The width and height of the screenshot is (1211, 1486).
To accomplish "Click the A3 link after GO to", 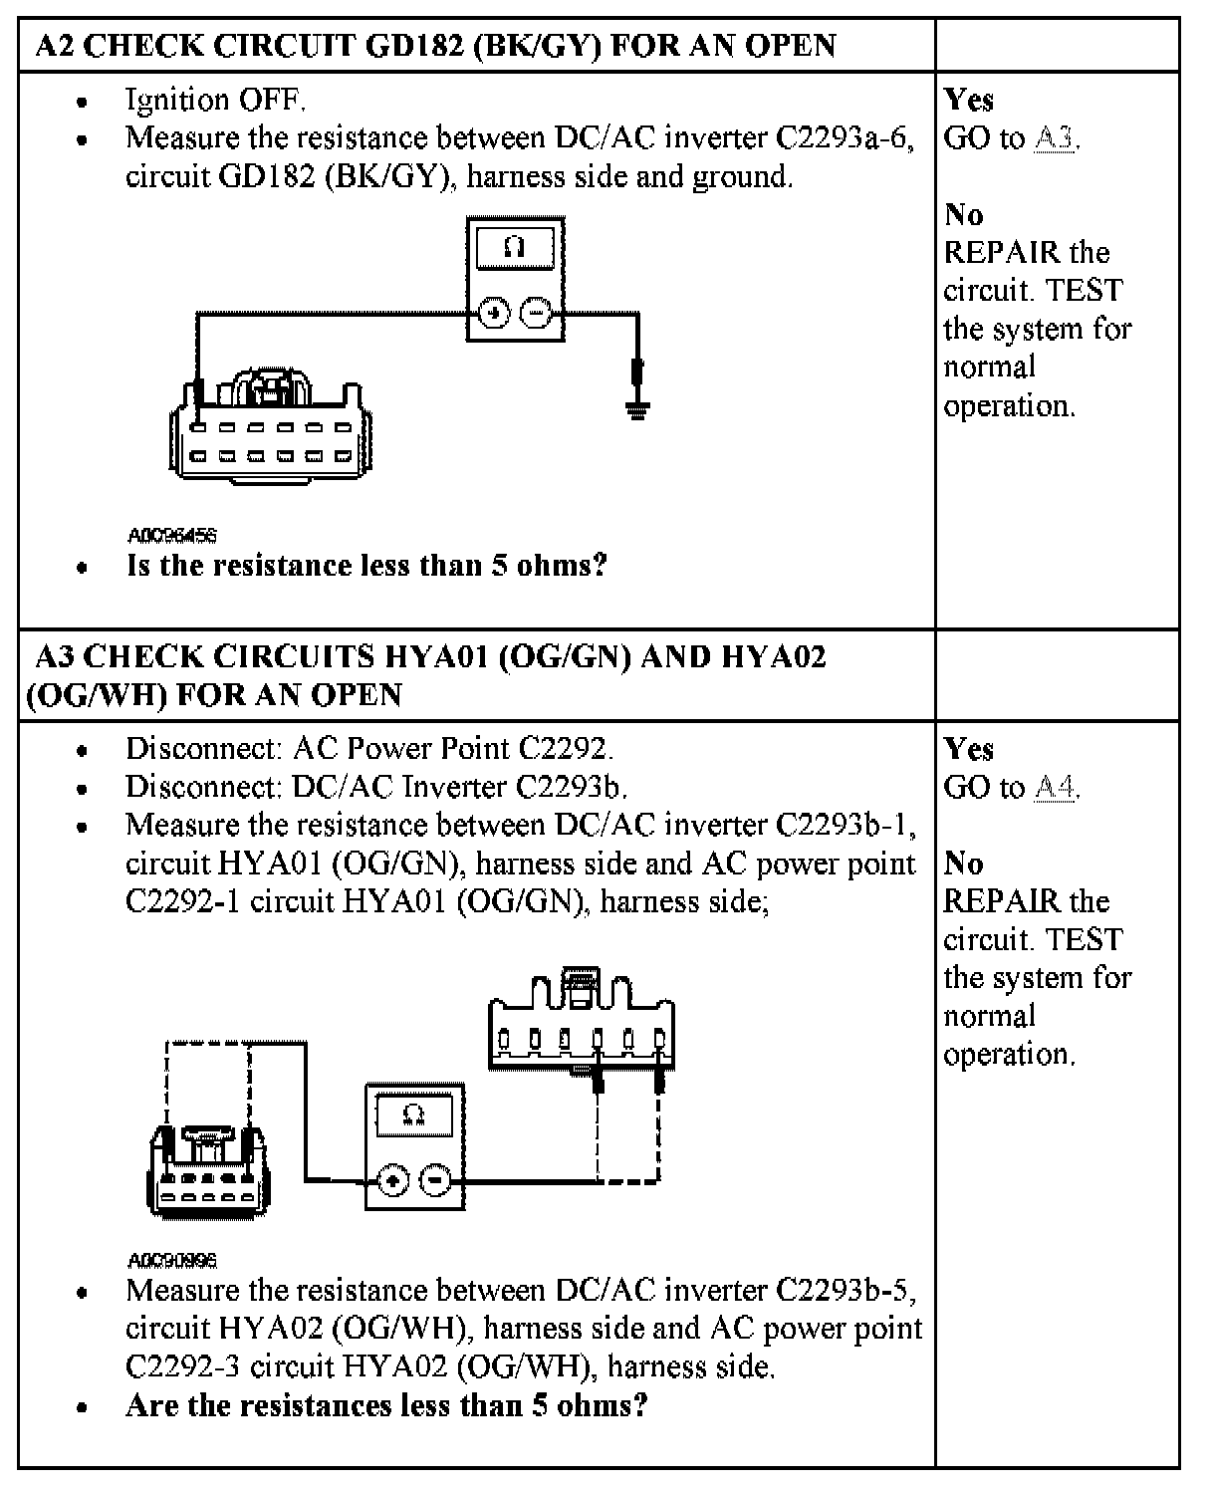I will pos(1055,137).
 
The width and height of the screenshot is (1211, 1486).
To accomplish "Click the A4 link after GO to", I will pos(1055,787).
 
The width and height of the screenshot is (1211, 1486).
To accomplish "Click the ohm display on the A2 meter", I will pos(515,247).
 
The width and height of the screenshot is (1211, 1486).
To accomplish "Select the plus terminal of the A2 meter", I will pos(494,314).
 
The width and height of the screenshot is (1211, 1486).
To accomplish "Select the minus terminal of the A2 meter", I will pos(536,314).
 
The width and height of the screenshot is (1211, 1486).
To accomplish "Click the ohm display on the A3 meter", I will pos(415,1114).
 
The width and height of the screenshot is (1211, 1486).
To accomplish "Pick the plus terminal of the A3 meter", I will pos(393,1181).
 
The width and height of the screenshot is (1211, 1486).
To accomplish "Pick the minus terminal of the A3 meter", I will pos(435,1181).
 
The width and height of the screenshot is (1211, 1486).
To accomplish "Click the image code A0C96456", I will pos(172,536).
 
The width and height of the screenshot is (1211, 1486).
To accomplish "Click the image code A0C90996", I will pos(172,1260).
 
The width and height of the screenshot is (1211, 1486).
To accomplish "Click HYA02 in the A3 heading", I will pos(773,657).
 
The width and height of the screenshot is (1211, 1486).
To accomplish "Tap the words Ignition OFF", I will pos(215,100).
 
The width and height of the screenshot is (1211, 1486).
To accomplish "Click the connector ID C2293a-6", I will pos(842,137).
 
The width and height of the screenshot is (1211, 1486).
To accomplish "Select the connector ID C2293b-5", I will pos(842,1290).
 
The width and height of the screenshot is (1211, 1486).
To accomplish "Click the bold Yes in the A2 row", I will pos(968,100).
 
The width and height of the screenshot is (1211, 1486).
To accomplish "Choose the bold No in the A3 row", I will pos(963,863).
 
